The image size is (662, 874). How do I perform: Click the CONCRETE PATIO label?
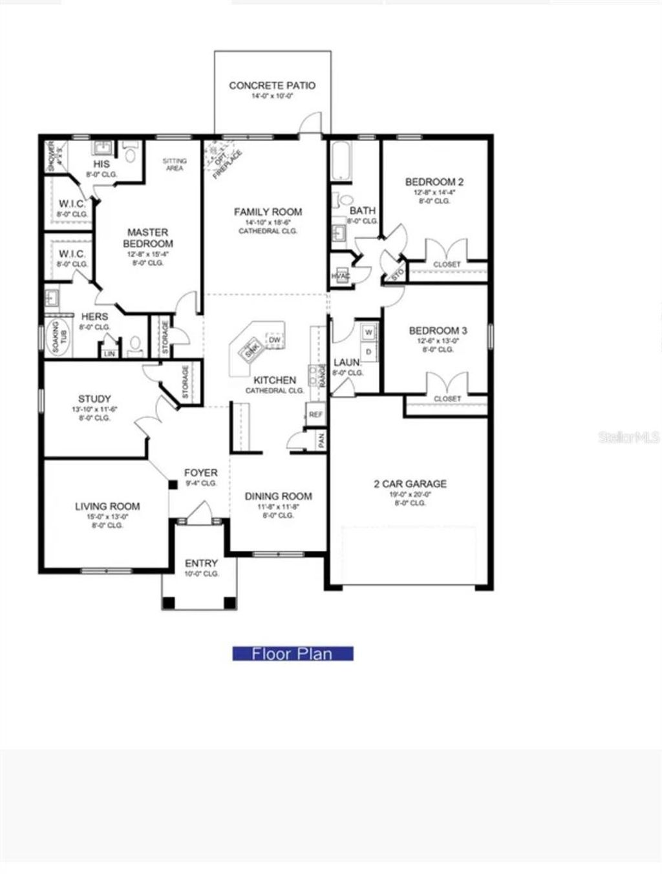click(x=272, y=85)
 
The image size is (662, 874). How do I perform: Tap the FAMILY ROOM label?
click(x=268, y=212)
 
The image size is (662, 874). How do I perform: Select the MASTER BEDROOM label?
click(x=147, y=238)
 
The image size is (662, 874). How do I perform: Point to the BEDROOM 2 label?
click(x=434, y=182)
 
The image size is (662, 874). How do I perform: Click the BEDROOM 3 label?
click(x=438, y=331)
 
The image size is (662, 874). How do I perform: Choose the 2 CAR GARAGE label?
click(x=410, y=484)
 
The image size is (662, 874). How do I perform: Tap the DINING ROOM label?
click(x=278, y=496)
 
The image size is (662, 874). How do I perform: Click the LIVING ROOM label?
click(x=107, y=507)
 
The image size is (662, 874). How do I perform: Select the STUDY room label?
click(x=94, y=400)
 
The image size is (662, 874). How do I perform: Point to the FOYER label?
click(x=200, y=473)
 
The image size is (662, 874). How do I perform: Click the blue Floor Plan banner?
click(x=292, y=654)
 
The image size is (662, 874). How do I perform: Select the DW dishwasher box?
click(x=275, y=341)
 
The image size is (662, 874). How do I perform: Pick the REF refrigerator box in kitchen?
click(x=315, y=414)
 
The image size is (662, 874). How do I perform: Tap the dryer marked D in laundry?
click(x=368, y=352)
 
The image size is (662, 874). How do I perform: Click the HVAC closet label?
click(x=340, y=276)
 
